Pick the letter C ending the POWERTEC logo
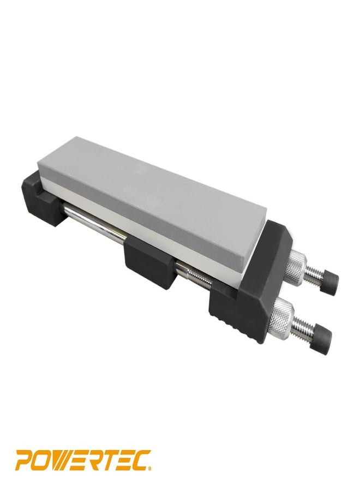139,460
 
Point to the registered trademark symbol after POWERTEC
150,468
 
